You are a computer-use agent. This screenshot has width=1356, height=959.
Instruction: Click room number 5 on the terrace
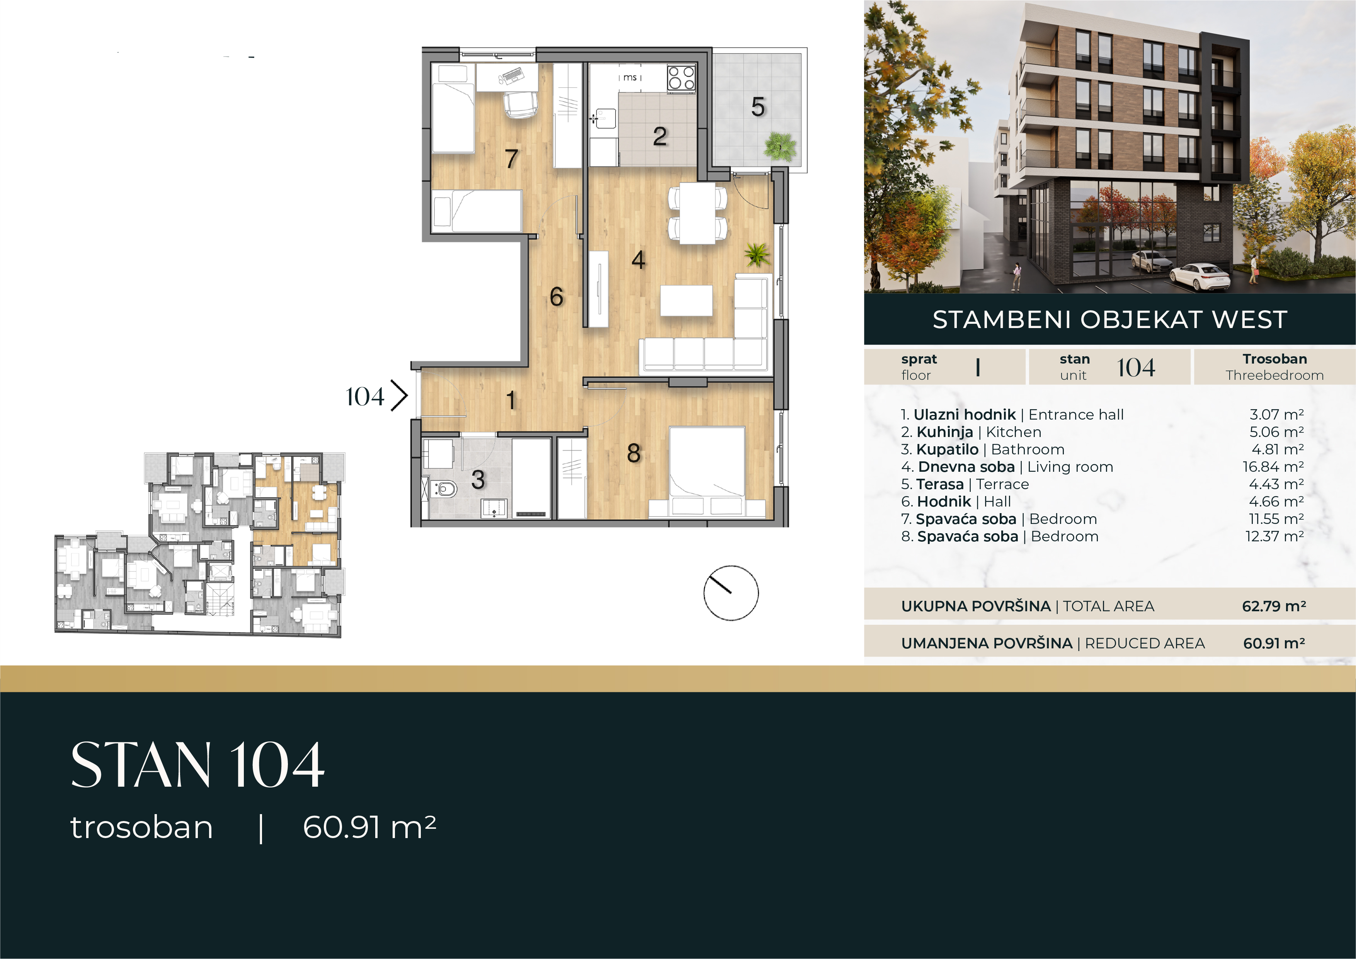click(758, 107)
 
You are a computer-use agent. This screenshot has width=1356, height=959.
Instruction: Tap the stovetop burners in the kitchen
click(682, 78)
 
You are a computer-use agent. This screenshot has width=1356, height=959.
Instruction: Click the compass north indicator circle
click(731, 593)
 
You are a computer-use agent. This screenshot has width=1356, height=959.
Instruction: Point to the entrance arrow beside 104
click(400, 396)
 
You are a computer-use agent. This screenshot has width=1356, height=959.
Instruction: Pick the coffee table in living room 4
click(686, 301)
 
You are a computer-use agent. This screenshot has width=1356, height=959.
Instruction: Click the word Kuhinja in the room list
click(945, 432)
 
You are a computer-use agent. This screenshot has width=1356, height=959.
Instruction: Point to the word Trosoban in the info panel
click(1274, 359)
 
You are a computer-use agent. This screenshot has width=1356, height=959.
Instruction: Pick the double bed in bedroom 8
click(707, 462)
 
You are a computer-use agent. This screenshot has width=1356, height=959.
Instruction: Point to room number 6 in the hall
click(556, 296)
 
